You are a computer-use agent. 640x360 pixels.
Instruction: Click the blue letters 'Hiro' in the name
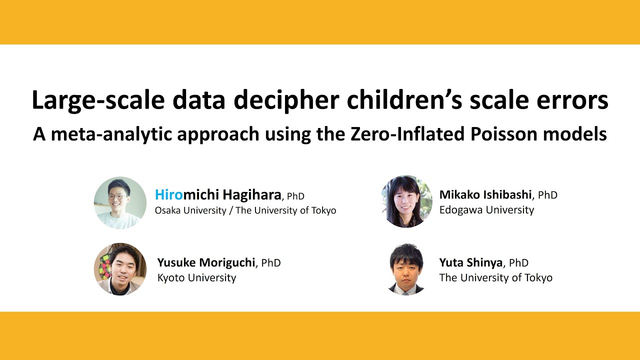169,194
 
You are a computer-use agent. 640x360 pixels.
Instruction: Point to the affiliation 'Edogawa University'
486,210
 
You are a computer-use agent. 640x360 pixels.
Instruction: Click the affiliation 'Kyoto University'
196,277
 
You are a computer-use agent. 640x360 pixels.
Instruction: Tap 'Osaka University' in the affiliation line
190,210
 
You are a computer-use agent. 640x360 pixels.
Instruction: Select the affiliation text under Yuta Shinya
495,277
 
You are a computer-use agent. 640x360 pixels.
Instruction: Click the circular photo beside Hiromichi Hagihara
120,202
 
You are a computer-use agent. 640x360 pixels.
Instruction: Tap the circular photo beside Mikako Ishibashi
406,201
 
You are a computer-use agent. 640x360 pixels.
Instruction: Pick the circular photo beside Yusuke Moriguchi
120,269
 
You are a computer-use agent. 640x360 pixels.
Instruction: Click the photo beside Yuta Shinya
406,269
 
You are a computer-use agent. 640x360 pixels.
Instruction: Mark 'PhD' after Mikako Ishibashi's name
548,195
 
